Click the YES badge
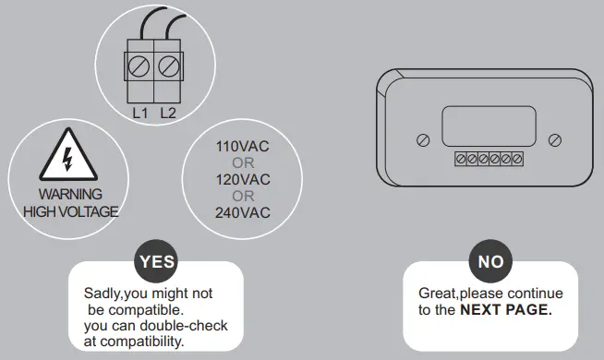155,261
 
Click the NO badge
490,261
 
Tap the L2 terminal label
167,114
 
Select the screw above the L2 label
167,66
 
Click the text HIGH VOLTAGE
70,211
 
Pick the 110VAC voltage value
243,147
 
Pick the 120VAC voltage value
243,179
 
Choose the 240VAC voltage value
243,212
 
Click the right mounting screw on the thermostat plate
554,139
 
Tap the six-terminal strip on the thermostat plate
489,159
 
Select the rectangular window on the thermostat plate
489,124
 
